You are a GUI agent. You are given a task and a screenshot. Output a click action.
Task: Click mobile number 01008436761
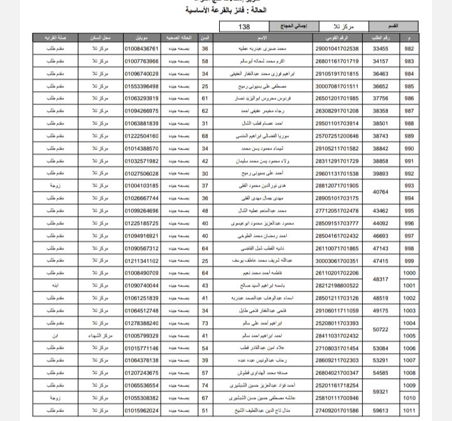(x=141, y=49)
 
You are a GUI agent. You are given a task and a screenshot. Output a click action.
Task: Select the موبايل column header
(x=141, y=38)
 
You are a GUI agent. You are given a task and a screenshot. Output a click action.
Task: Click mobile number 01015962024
(x=141, y=410)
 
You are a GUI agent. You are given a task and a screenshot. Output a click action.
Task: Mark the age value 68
(x=205, y=136)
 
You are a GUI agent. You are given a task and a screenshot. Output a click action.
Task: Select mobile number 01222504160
(x=141, y=136)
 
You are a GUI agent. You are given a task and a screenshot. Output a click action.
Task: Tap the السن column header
(x=205, y=38)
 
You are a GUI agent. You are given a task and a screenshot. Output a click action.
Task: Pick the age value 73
(x=205, y=323)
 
